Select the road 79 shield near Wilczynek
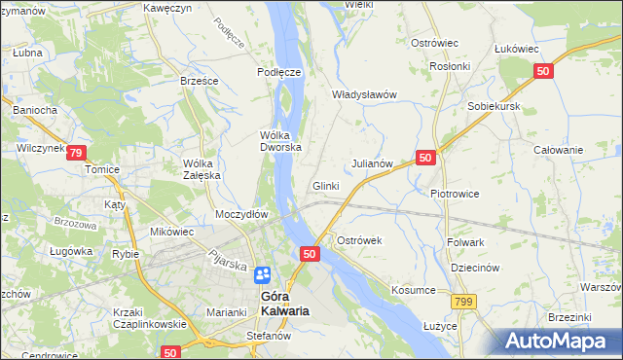point(77,153)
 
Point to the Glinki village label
point(325,186)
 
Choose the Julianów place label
point(372,163)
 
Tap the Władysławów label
point(365,94)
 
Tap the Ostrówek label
point(361,239)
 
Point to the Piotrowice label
point(455,193)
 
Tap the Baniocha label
point(35,110)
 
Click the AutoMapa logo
point(561,341)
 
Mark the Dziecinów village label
point(475,268)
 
